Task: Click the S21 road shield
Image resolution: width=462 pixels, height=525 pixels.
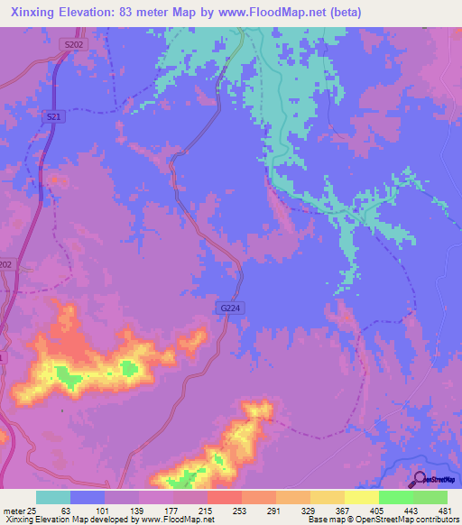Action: (x=53, y=116)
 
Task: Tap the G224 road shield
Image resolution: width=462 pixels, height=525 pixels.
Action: (x=231, y=308)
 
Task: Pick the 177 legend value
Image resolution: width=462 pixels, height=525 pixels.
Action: (x=173, y=511)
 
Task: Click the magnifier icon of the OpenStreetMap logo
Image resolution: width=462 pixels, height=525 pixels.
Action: (x=419, y=479)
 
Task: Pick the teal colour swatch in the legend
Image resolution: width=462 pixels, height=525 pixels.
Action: (x=53, y=497)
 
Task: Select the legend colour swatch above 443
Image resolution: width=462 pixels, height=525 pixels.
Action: (x=396, y=497)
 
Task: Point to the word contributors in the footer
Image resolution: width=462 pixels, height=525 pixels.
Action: (x=435, y=520)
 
